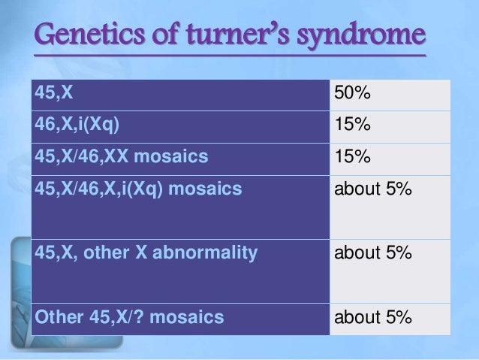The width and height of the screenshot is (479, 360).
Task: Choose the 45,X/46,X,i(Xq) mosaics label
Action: [x=139, y=189]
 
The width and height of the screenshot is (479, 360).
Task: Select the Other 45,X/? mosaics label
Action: [x=129, y=317]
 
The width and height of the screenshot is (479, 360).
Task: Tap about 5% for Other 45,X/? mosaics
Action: [x=373, y=318]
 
